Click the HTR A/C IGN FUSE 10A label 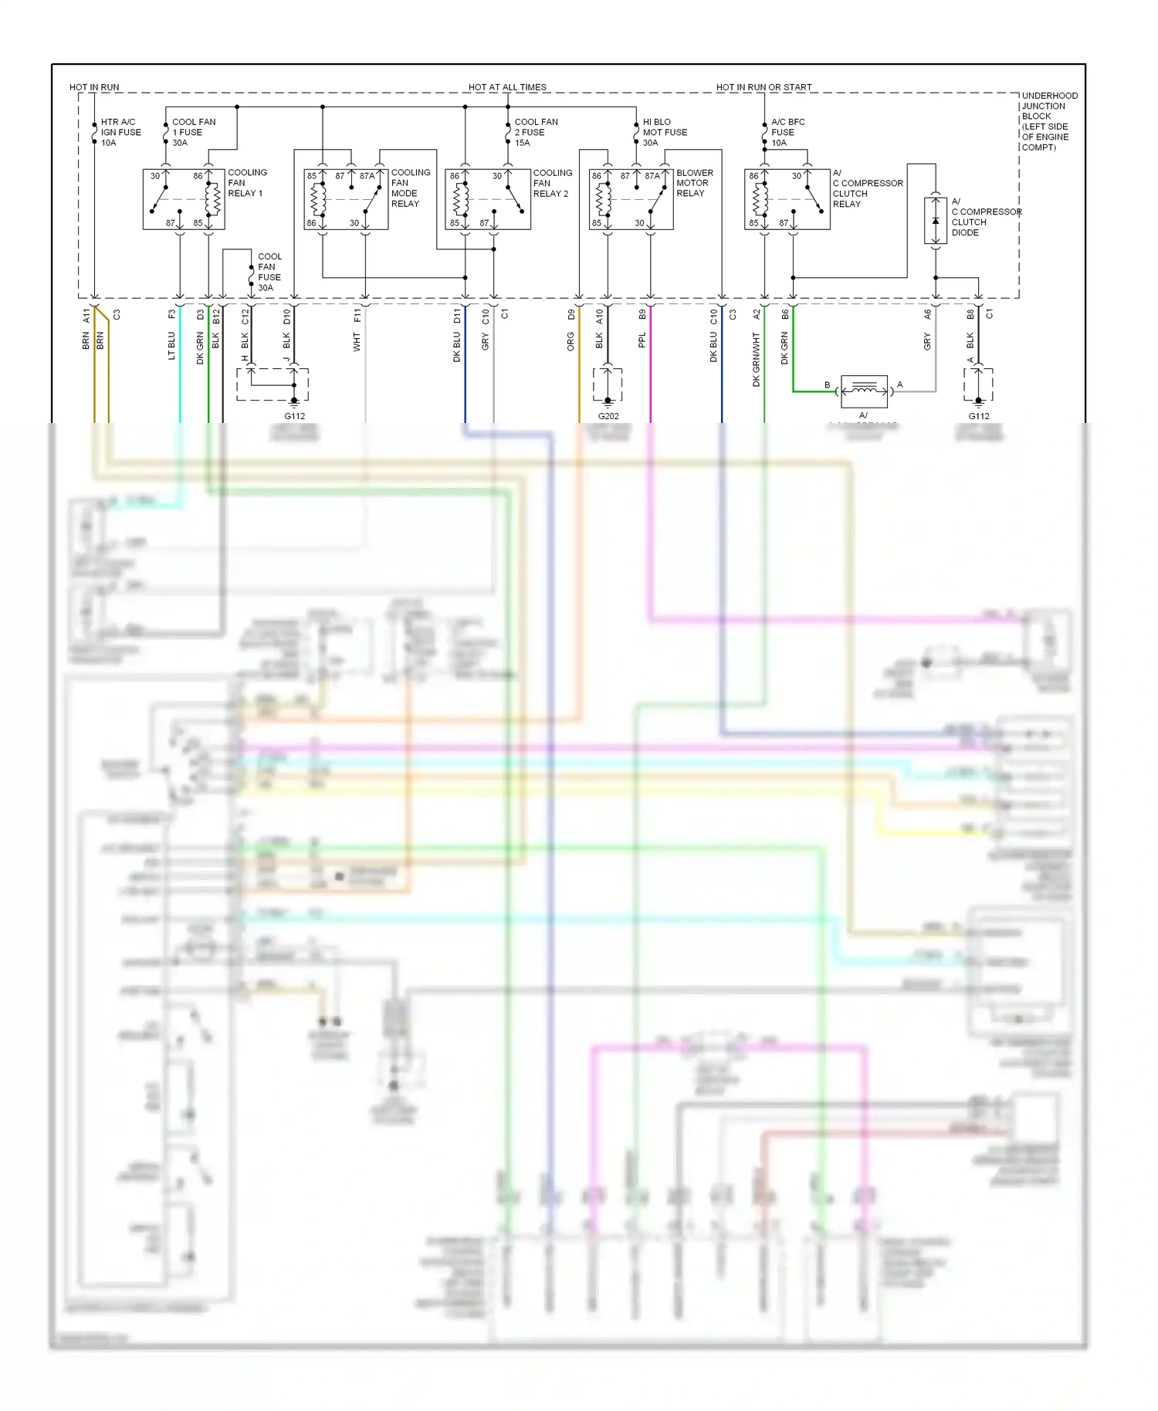pos(120,132)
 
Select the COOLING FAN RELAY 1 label pos(246,183)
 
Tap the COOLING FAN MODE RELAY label pos(410,188)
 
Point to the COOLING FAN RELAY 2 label pos(552,184)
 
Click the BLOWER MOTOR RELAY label pos(694,183)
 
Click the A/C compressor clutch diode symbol pos(935,222)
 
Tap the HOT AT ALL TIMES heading pos(507,87)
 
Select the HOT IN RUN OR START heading pos(764,87)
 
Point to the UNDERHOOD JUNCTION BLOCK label pos(1048,121)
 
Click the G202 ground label pos(608,416)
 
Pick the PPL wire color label pos(642,340)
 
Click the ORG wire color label pos(571,341)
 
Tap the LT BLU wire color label pos(171,346)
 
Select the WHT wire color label pos(357,342)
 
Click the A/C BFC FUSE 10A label pos(787,132)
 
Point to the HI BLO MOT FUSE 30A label pos(664,132)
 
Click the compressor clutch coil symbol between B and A pos(864,391)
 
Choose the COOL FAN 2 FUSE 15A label pos(536,132)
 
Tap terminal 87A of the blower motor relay pos(652,176)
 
